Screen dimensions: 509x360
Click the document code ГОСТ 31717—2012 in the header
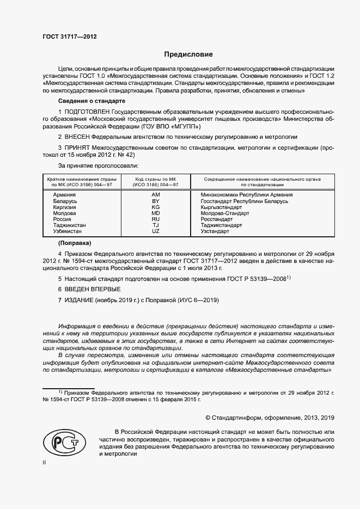69,36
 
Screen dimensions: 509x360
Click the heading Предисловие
188,54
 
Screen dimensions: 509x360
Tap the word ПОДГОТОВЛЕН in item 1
87,111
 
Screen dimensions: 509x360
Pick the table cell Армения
65,194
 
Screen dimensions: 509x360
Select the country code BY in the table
155,201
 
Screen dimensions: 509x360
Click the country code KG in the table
155,207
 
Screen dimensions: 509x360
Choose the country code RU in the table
155,219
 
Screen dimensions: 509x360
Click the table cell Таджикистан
70,225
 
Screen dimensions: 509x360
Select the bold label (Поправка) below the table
75,243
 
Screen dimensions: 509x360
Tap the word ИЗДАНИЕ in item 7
79,300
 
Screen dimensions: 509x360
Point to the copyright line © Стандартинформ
269,418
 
